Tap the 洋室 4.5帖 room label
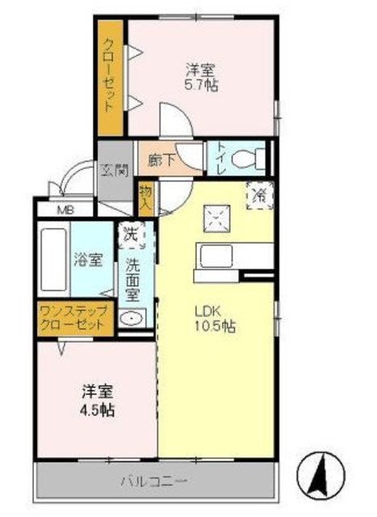[96, 401]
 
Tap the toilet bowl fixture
[244, 159]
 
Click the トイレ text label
[220, 159]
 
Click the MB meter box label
[65, 209]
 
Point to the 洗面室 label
[132, 278]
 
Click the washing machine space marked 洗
[131, 235]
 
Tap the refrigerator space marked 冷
[260, 195]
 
